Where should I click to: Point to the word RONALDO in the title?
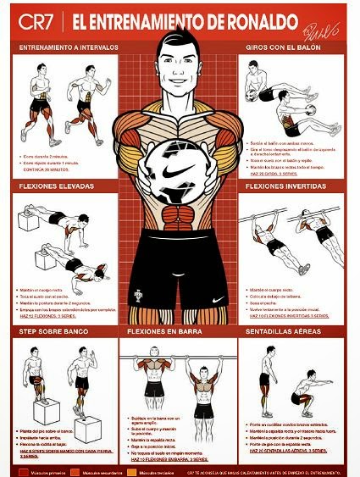click(212, 19)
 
